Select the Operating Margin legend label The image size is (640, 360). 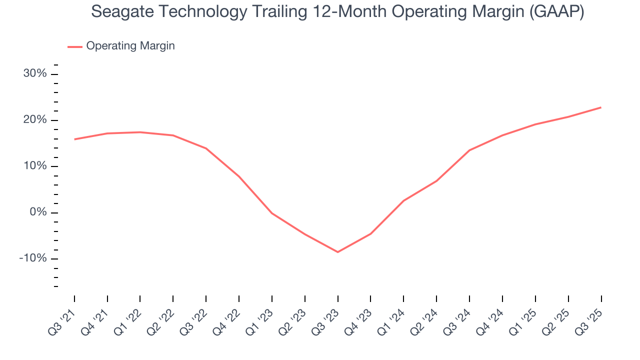(130, 46)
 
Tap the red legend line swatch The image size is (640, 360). (75, 46)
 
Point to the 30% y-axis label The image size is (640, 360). (35, 74)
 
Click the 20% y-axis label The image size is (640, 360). (35, 120)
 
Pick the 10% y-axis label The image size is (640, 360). (35, 166)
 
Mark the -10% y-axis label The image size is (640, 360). (33, 258)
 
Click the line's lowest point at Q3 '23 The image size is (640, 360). (337, 252)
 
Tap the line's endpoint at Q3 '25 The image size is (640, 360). (601, 107)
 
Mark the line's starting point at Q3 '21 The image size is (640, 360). (74, 139)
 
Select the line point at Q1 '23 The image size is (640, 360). (272, 213)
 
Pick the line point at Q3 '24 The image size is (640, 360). (469, 150)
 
